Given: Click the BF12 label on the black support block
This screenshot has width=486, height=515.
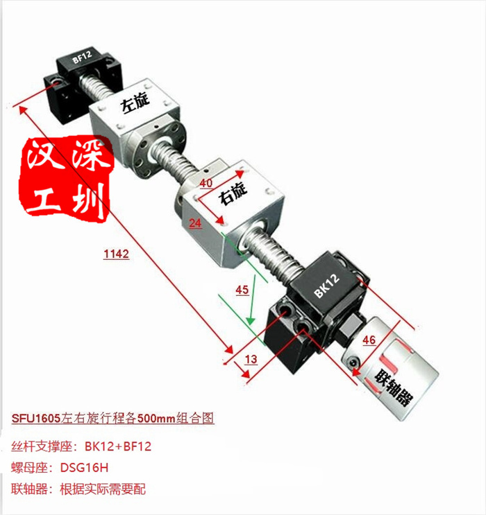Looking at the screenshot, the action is pyautogui.click(x=82, y=57).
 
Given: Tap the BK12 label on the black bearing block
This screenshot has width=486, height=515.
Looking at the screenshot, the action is pyautogui.click(x=326, y=286).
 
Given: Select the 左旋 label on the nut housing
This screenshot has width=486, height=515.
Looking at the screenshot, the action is pyautogui.click(x=135, y=102).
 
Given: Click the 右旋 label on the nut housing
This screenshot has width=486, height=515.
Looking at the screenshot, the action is pyautogui.click(x=233, y=194).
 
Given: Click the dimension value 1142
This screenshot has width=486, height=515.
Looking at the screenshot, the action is pyautogui.click(x=116, y=254).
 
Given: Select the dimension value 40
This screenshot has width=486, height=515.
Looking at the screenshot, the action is pyautogui.click(x=206, y=183).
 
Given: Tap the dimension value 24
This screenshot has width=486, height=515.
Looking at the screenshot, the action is pyautogui.click(x=195, y=223).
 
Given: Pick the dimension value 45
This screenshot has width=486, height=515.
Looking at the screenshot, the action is pyautogui.click(x=242, y=290).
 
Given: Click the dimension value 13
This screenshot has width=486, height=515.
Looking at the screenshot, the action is pyautogui.click(x=251, y=359).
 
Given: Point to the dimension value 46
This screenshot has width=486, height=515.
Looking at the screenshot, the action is pyautogui.click(x=369, y=340).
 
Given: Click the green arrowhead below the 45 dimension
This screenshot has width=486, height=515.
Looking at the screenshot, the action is pyautogui.click(x=251, y=320).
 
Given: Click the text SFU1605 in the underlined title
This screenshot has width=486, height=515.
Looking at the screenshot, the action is pyautogui.click(x=36, y=419).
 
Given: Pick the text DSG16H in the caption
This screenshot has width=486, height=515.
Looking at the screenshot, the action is pyautogui.click(x=84, y=467).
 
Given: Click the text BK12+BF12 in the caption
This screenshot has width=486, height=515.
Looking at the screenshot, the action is pyautogui.click(x=118, y=446).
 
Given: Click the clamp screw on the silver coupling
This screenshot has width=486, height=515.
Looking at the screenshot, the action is pyautogui.click(x=353, y=362).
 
